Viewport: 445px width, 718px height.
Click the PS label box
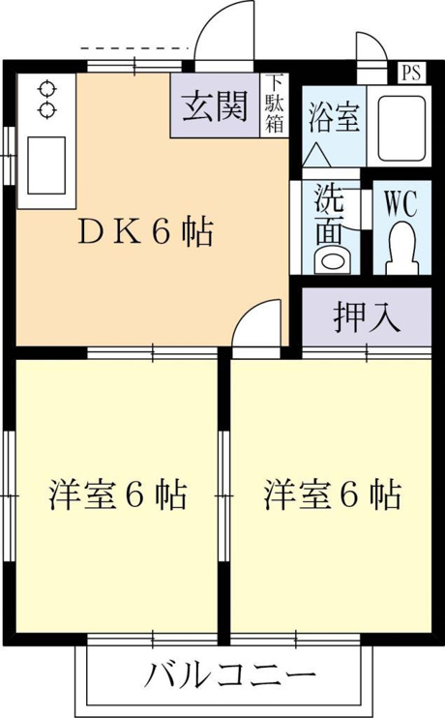pos(411,72)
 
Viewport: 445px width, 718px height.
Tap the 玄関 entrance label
pos(215,106)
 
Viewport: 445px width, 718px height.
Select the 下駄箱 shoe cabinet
pos(275,105)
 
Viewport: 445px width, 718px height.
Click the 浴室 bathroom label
pos(334,118)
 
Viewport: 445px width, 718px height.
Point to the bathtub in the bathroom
pos(400,128)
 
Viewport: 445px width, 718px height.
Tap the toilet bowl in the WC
pos(402,248)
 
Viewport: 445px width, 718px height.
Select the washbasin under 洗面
pos(332,260)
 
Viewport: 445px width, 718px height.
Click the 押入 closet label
pos(368,316)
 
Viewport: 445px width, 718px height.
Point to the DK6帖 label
pos(146,232)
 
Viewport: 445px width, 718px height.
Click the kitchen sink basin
pos(46,165)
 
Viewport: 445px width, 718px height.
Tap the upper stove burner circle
pos(46,89)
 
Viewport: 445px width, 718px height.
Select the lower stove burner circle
pos(46,110)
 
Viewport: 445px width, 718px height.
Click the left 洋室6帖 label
pos(118,495)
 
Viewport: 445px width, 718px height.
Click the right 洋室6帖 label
pos(333,495)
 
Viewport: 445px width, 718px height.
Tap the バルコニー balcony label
pos(230,675)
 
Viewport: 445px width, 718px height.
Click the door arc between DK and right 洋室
pos(248,311)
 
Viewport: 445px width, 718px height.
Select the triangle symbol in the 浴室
pos(317,155)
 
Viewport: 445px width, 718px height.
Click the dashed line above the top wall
pos(134,47)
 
